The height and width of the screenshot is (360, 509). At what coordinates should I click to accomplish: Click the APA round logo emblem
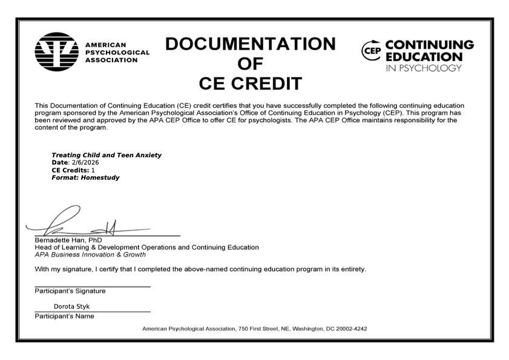pos(57,53)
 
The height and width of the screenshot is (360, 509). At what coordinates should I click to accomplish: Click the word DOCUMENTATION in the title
pos(250,44)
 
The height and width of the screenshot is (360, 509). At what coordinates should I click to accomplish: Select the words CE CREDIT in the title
pos(251,83)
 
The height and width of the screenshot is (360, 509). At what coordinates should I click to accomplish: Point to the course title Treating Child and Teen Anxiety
pos(107,155)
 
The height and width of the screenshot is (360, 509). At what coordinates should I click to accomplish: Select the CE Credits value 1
pos(93,170)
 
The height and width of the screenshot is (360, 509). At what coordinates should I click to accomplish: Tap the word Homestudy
pos(100,178)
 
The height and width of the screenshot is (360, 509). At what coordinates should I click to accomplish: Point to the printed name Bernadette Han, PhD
pos(68,240)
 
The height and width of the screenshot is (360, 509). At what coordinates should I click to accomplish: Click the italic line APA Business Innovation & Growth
pos(90,255)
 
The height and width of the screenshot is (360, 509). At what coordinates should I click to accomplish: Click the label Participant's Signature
pos(70,291)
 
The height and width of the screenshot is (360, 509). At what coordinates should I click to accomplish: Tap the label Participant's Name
pos(64,316)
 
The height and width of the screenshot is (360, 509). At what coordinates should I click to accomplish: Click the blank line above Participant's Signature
pos(92,285)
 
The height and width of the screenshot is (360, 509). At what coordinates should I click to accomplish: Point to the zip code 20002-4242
pos(349,329)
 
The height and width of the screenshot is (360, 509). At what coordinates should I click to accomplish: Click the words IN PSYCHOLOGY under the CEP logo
pos(423,68)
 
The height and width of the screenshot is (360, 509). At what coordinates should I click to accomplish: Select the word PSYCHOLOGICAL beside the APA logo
pos(117,52)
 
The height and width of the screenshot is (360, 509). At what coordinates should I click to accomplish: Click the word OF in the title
pos(250,64)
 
